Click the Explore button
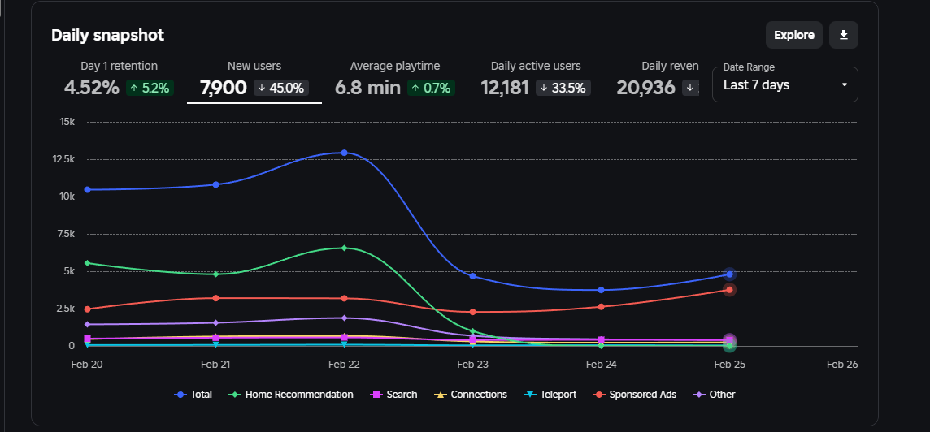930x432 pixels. tap(793, 35)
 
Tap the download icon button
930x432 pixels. tap(844, 35)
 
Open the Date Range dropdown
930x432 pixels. tap(784, 84)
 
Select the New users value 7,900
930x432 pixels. tap(224, 88)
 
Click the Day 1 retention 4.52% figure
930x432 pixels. tap(91, 88)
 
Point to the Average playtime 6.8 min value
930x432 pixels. tap(367, 88)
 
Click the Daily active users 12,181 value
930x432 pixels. tap(505, 88)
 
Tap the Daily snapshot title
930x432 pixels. tap(107, 35)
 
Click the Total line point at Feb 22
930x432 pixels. tap(345, 153)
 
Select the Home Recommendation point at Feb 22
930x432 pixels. tap(345, 248)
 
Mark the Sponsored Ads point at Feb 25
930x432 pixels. tap(730, 290)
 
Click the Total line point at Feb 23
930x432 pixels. tap(473, 276)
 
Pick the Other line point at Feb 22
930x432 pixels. tap(345, 318)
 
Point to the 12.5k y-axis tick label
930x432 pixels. tap(63, 159)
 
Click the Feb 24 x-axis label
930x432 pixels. tap(602, 365)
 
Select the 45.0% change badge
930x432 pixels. tap(280, 88)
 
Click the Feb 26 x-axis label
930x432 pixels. tap(842, 365)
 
